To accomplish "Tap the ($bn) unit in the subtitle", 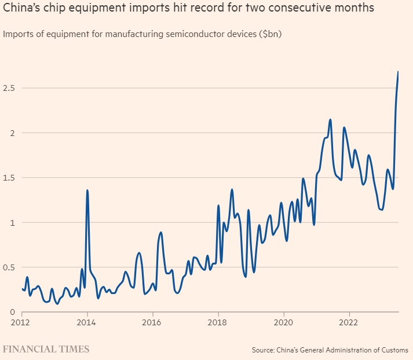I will pyautogui.click(x=271, y=34).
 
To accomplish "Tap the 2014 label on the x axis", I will pyautogui.click(x=87, y=322).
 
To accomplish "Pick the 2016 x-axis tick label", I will pyautogui.click(x=152, y=322).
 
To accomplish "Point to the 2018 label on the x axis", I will pyautogui.click(x=218, y=322).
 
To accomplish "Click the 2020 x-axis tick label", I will pyautogui.click(x=283, y=322).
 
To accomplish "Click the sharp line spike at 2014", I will pyautogui.click(x=87, y=190).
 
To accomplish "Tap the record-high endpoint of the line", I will pyautogui.click(x=398, y=72).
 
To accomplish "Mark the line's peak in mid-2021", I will pyautogui.click(x=330, y=120).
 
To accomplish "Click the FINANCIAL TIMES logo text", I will pyautogui.click(x=46, y=349).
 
